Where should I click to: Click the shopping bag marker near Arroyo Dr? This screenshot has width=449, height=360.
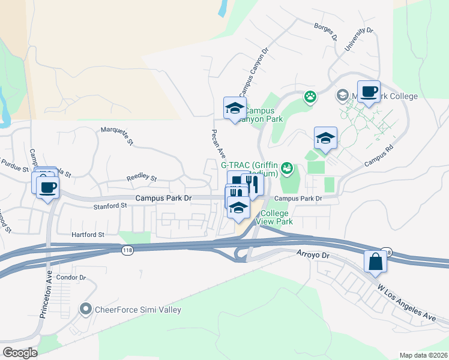(375, 262)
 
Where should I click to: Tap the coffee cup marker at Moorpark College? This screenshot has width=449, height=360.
(369, 92)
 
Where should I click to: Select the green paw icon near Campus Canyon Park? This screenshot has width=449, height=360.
(310, 97)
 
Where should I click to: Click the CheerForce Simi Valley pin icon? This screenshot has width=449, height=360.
(86, 310)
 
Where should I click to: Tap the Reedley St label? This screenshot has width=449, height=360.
(141, 178)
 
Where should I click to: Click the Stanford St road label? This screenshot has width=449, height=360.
(112, 205)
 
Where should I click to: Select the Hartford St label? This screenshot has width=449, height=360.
(88, 235)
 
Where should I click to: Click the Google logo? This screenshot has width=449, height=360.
(20, 353)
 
